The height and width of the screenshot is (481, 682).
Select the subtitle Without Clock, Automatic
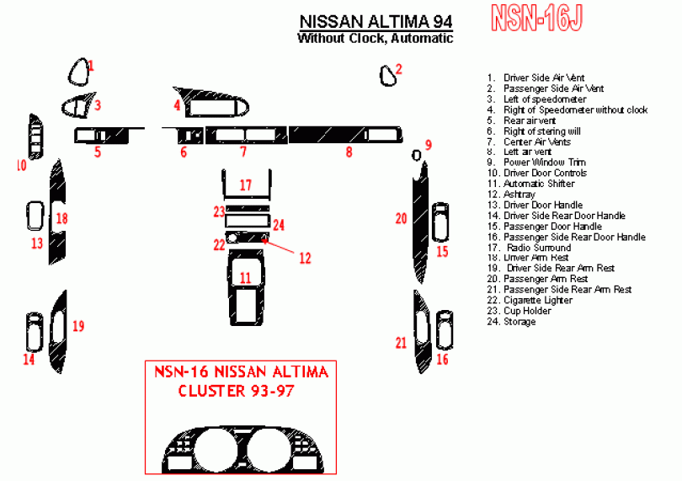click(375, 38)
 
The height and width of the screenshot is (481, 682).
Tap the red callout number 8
click(349, 152)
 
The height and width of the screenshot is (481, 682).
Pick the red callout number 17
click(245, 184)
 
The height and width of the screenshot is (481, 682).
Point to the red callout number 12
click(305, 258)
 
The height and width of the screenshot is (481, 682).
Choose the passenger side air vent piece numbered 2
click(388, 76)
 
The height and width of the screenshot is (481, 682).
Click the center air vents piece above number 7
click(244, 134)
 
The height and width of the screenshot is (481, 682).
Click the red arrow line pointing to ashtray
click(283, 248)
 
